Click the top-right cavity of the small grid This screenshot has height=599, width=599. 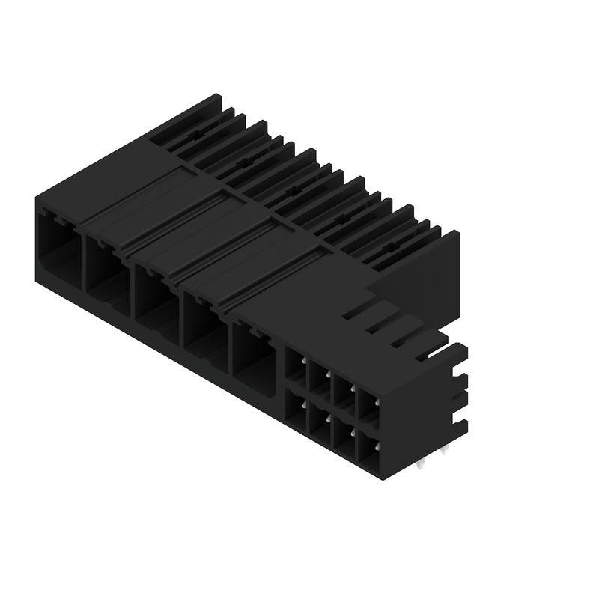pyautogui.click(x=368, y=405)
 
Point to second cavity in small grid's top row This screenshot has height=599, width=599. pyautogui.click(x=320, y=379)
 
